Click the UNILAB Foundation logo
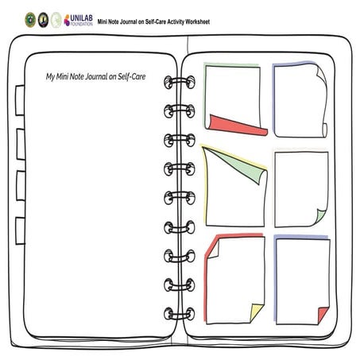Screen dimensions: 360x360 pyautogui.click(x=79, y=21)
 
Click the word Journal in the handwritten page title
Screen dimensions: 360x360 pyautogui.click(x=96, y=77)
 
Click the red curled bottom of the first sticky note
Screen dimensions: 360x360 pyautogui.click(x=238, y=126)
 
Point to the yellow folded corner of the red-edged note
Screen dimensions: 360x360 pyautogui.click(x=257, y=312)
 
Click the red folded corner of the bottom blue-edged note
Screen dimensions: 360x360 pyautogui.click(x=323, y=315)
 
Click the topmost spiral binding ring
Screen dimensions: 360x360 pyautogui.click(x=180, y=82)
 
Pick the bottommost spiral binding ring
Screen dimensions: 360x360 pyautogui.click(x=180, y=314)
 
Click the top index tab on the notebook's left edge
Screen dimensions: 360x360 pyautogui.click(x=20, y=100)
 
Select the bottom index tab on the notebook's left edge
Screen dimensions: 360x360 pyautogui.click(x=20, y=230)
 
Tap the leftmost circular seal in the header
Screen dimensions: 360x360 pyautogui.click(x=30, y=20)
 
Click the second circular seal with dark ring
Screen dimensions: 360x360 pyautogui.click(x=43, y=20)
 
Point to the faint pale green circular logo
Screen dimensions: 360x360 pyautogui.click(x=56, y=20)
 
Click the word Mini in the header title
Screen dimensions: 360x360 pyautogui.click(x=101, y=21)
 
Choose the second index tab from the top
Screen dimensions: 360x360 pyautogui.click(x=21, y=145)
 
